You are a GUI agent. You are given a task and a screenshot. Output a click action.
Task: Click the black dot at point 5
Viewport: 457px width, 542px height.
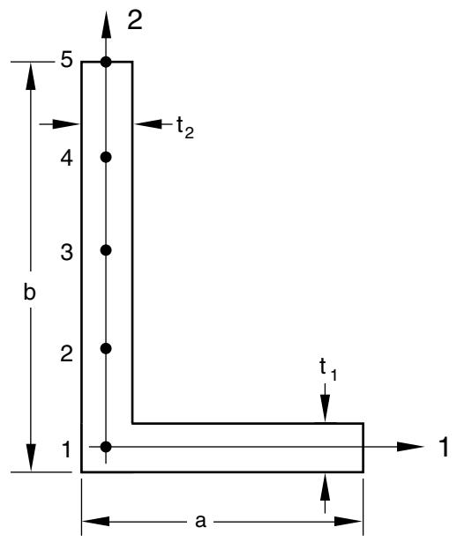point(106,63)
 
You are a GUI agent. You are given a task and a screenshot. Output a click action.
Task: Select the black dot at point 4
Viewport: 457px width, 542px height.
point(106,157)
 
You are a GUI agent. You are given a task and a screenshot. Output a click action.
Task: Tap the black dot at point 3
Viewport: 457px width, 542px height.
point(106,250)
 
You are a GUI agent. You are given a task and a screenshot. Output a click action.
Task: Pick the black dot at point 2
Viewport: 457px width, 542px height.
point(106,348)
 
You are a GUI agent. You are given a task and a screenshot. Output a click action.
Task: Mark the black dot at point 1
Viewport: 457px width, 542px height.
point(106,447)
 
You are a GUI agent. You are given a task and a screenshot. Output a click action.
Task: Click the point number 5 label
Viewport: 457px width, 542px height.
point(66,61)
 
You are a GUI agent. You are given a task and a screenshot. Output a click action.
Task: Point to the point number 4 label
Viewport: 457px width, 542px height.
point(66,159)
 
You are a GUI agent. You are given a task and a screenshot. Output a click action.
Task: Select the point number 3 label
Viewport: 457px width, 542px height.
point(67,252)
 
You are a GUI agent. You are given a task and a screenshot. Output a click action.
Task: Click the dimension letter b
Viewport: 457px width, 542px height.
point(29,291)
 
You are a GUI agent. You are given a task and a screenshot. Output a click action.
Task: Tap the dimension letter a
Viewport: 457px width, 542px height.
point(200,520)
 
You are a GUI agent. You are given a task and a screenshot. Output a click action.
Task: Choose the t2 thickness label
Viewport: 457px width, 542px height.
point(185,127)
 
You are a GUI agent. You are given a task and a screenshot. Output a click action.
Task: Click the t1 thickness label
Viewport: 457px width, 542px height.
point(327,369)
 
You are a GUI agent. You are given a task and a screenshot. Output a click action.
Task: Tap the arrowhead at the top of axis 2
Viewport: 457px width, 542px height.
point(106,24)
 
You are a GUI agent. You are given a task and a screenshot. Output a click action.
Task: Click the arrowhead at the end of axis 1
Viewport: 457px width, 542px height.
point(410,447)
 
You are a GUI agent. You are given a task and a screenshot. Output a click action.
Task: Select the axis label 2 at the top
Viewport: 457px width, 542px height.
point(135,20)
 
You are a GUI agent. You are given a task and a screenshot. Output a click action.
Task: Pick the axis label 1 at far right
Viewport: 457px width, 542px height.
point(443,447)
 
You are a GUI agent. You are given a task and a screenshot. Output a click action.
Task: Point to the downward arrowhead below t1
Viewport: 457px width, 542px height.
point(325,408)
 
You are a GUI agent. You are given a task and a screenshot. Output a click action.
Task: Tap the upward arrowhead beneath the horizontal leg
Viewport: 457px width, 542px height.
point(325,486)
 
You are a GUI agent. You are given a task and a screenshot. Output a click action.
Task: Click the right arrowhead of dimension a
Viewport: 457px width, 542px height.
point(348,521)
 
